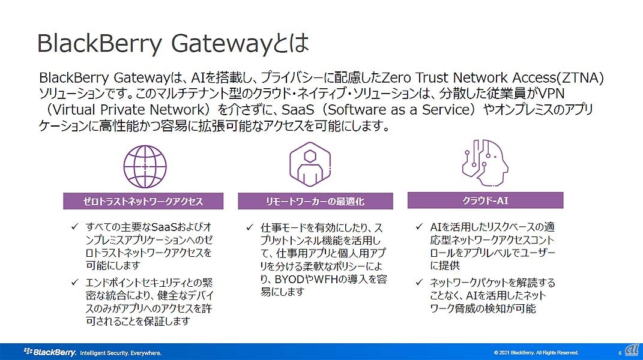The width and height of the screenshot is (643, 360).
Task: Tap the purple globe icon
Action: click(x=144, y=166)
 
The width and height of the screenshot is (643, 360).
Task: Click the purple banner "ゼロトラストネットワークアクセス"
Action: click(x=143, y=202)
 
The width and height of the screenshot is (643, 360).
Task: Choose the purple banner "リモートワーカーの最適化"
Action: click(x=315, y=202)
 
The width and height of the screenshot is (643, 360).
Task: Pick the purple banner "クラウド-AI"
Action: click(x=485, y=200)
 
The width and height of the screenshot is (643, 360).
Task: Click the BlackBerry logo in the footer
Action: click(x=50, y=352)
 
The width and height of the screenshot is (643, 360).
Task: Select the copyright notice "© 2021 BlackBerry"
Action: click(x=536, y=352)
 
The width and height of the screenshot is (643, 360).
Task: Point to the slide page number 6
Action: click(x=619, y=353)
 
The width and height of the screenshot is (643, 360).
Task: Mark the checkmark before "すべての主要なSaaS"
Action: click(x=74, y=227)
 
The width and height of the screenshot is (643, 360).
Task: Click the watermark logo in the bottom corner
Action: click(x=632, y=350)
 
